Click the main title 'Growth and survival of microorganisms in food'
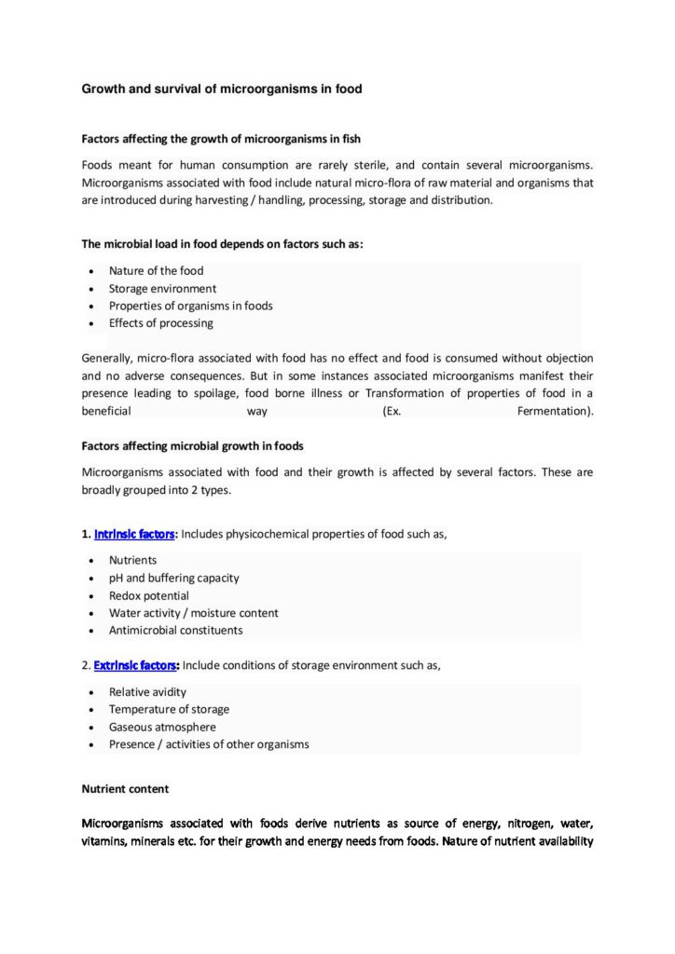(221, 89)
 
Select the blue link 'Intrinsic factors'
(134, 534)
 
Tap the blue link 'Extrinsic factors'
(136, 666)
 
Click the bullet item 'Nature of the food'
(156, 271)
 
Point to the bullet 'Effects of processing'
(160, 323)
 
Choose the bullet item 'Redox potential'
(148, 595)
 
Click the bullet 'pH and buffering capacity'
(173, 578)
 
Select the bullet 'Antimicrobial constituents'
(175, 630)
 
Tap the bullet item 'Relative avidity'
(147, 692)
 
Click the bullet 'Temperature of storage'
(169, 709)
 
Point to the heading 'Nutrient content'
(125, 788)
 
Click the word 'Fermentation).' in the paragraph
(555, 411)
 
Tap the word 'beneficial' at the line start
(106, 411)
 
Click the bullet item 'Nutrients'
(132, 561)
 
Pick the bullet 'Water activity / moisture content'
(193, 613)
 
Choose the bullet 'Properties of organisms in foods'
(190, 306)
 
